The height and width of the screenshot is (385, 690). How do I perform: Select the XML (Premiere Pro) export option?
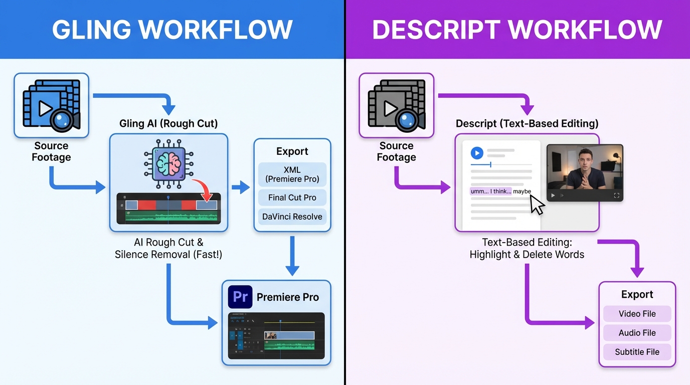[x=292, y=174]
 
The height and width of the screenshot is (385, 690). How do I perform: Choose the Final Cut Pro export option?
[x=292, y=198]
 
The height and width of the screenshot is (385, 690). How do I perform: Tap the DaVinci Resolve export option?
[x=292, y=217]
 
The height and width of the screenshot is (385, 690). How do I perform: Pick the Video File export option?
[x=637, y=314]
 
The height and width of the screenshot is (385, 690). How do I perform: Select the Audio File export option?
[x=637, y=333]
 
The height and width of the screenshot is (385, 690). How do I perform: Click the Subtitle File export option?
[x=637, y=352]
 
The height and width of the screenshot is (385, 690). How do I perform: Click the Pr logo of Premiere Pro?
[x=240, y=297]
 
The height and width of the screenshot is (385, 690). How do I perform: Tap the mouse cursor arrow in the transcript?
[x=537, y=205]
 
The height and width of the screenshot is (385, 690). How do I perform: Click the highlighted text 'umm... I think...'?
[x=490, y=191]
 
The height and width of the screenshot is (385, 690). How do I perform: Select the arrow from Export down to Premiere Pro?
[x=292, y=256]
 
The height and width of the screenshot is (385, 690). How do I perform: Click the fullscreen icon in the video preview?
[x=616, y=196]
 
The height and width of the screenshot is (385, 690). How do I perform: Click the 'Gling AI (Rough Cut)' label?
[x=168, y=123]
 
